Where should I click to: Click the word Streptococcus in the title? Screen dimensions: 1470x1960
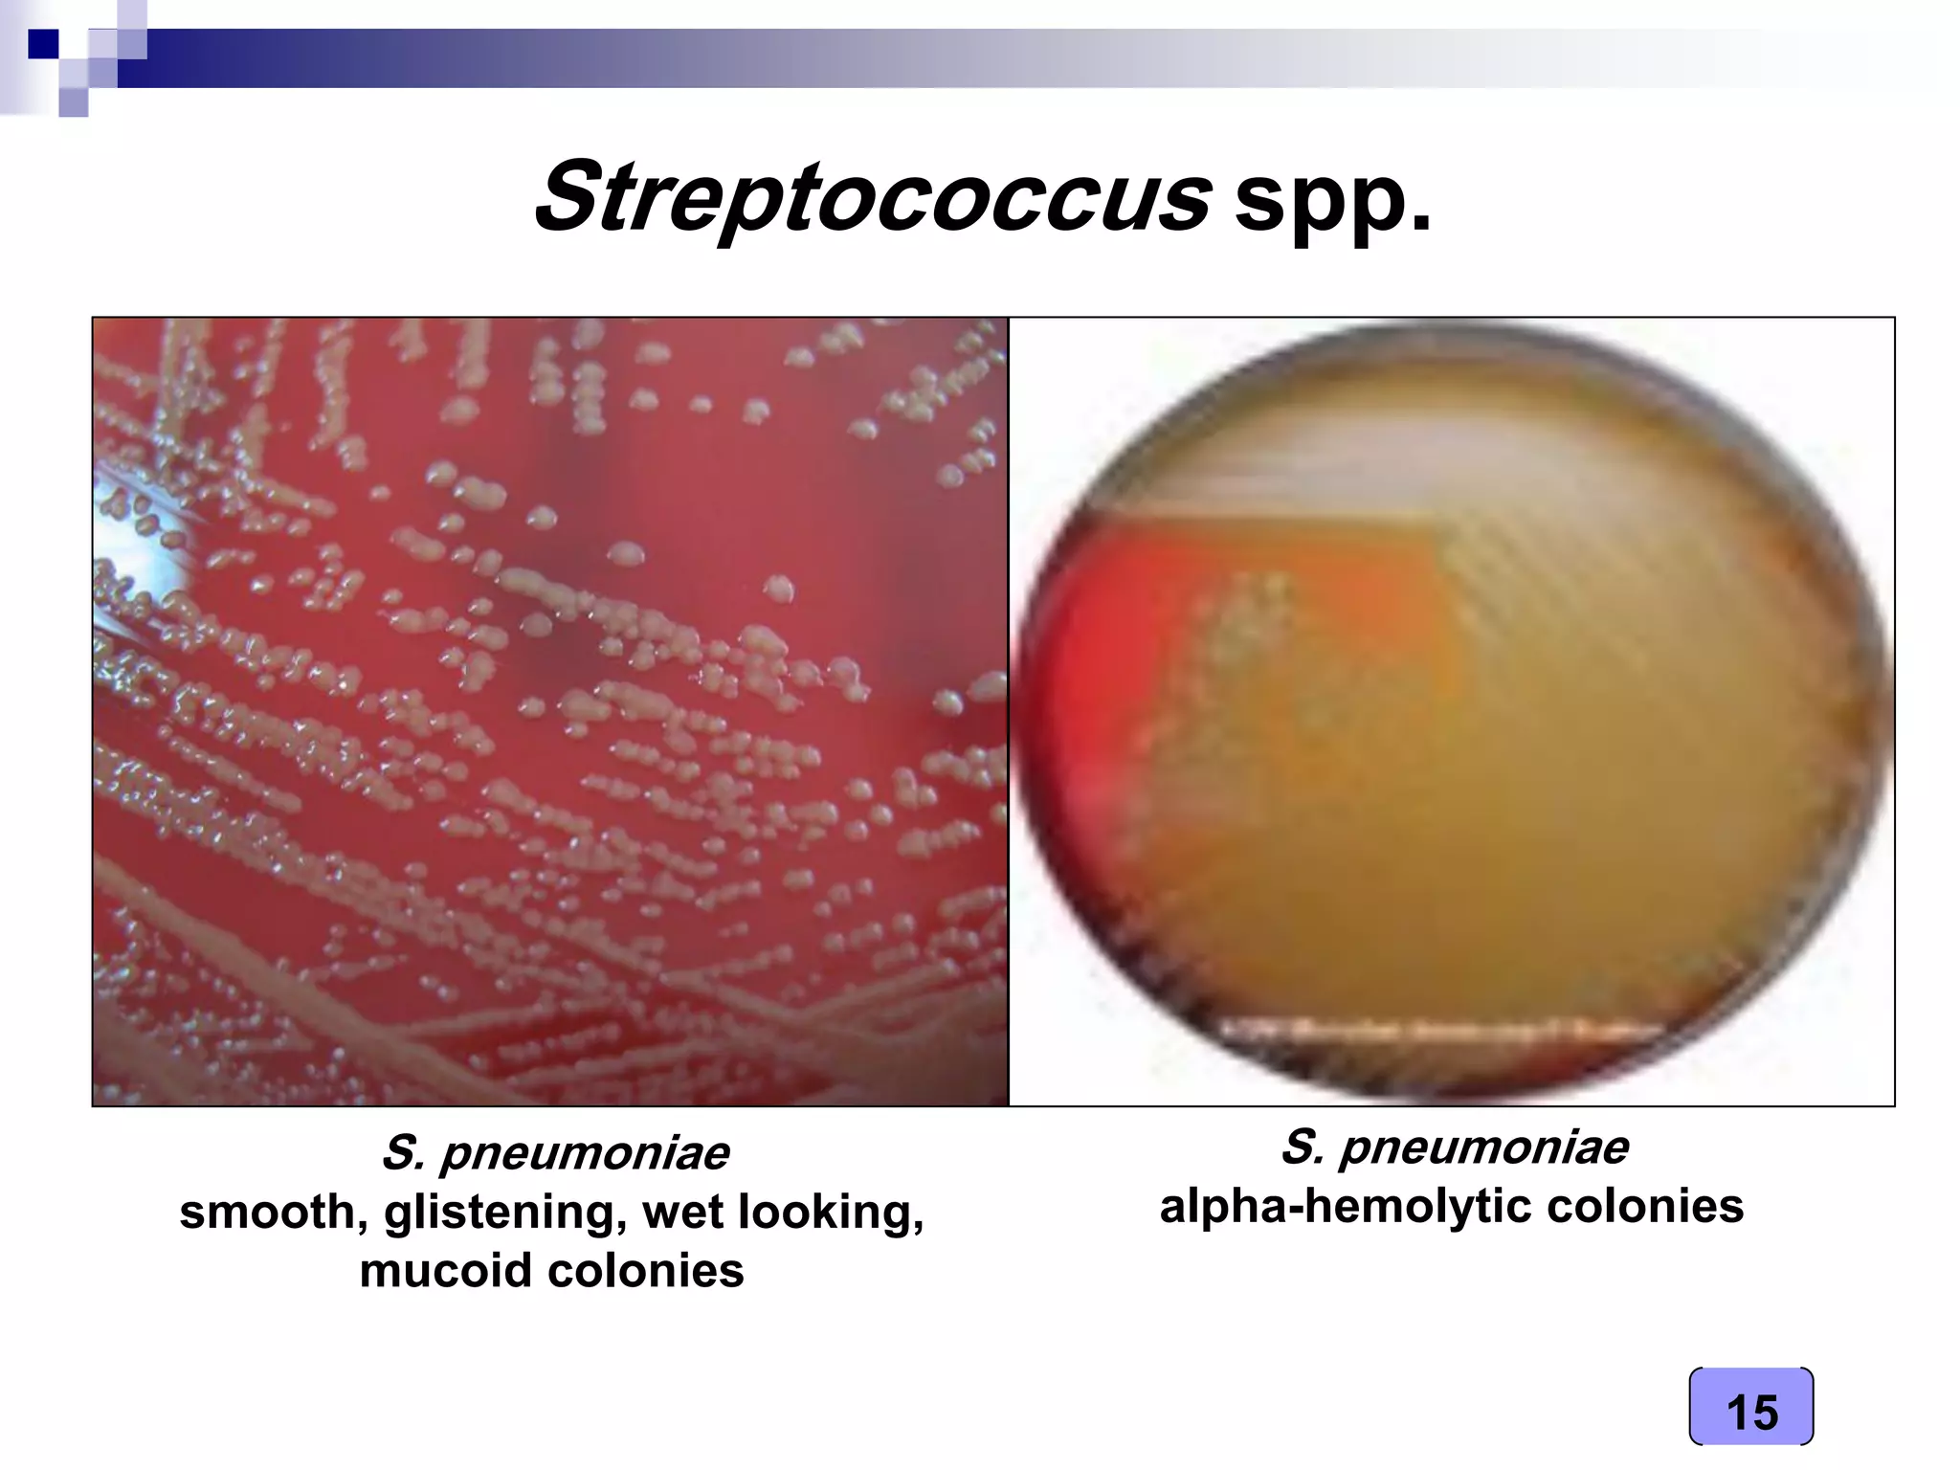pyautogui.click(x=871, y=198)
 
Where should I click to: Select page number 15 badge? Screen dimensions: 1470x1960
pyautogui.click(x=1750, y=1406)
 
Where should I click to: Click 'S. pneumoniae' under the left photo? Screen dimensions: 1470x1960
pyautogui.click(x=554, y=1152)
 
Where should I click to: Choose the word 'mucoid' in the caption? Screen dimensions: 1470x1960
pyautogui.click(x=446, y=1272)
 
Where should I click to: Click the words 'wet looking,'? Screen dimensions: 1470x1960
pyautogui.click(x=783, y=1213)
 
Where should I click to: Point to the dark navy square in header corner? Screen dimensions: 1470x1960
pyautogui.click(x=43, y=44)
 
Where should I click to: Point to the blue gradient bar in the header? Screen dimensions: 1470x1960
pyautogui.click(x=670, y=57)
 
